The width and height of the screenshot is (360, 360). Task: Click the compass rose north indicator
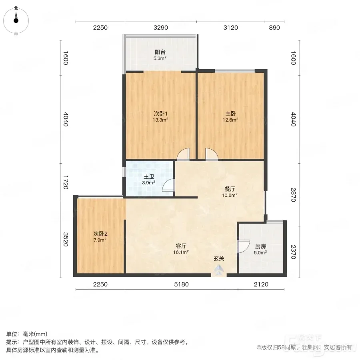[x=16, y=18]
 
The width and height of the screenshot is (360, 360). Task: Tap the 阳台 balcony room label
[x=160, y=52]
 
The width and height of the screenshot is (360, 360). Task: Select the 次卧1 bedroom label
[x=160, y=114]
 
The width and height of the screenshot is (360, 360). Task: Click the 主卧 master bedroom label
[x=230, y=114]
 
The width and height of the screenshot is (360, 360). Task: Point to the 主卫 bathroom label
[x=148, y=176]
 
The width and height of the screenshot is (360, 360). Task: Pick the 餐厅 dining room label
[x=230, y=189]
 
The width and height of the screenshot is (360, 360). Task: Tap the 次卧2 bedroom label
[x=100, y=234]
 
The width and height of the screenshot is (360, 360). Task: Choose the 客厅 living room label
[x=181, y=246]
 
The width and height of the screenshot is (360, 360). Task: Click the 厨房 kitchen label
[x=260, y=246]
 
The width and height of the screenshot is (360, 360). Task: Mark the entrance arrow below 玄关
[x=219, y=270]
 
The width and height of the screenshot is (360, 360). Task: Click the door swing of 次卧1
[x=184, y=154]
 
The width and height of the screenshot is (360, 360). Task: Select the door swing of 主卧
[x=212, y=154]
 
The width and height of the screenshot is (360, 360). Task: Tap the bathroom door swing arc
[x=168, y=185]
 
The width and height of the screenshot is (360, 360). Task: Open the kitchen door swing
[x=243, y=246]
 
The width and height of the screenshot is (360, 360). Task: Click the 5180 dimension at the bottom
[x=181, y=284]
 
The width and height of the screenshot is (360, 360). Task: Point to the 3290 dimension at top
[x=161, y=28]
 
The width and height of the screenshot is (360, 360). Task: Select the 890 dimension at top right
[x=274, y=28]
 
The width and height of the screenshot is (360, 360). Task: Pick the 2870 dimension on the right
[x=294, y=195]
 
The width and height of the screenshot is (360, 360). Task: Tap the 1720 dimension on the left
[x=66, y=182]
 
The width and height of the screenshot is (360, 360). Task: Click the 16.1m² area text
[x=181, y=252]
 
